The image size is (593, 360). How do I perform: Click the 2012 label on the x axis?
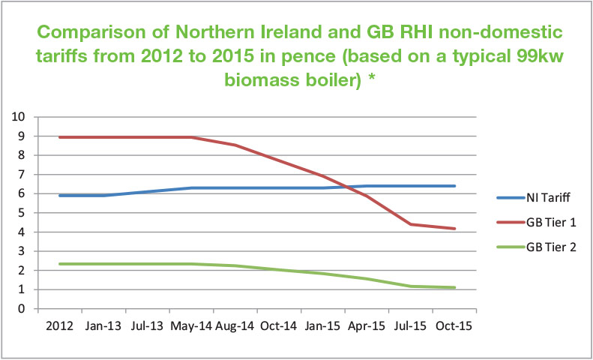61,328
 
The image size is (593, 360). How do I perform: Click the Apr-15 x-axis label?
367,328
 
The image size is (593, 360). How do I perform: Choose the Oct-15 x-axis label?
454,328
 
